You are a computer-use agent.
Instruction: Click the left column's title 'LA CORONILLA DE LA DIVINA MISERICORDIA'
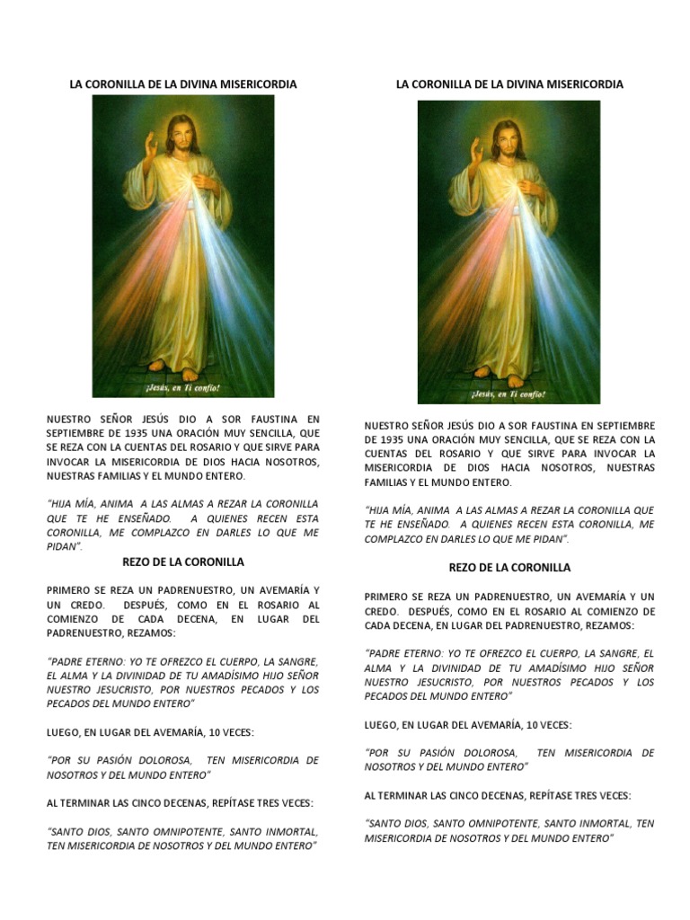pyautogui.click(x=183, y=84)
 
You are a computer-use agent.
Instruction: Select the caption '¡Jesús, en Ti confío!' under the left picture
pyautogui.click(x=183, y=389)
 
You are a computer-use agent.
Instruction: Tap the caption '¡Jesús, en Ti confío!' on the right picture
pyautogui.click(x=509, y=394)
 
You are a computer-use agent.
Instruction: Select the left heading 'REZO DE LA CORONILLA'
pyautogui.click(x=183, y=562)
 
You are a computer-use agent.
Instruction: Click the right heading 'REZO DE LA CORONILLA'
pyautogui.click(x=509, y=568)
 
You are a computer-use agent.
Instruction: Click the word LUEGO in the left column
pyautogui.click(x=66, y=733)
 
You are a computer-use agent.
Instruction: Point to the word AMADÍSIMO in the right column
pyautogui.click(x=549, y=668)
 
